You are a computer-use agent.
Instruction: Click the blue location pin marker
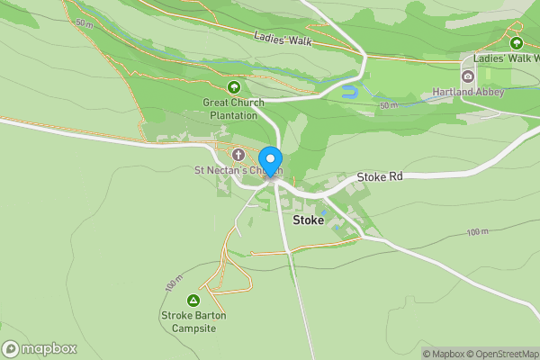tap(270, 162)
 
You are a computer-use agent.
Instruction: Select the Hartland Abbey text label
tap(489, 92)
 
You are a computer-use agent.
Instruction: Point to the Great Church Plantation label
tap(234, 109)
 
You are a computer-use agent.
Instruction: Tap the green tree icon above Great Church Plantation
tap(234, 87)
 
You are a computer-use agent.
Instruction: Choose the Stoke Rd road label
tap(379, 177)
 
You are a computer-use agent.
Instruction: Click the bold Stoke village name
tap(308, 220)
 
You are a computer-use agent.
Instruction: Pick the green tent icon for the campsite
tap(192, 300)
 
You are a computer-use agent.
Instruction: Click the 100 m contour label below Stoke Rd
tap(477, 232)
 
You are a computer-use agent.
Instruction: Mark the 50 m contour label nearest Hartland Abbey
tap(389, 106)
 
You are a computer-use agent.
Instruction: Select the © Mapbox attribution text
tap(441, 354)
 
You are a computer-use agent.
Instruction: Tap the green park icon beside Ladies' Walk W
tap(516, 42)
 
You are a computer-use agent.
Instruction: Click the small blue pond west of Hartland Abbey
tap(350, 92)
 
